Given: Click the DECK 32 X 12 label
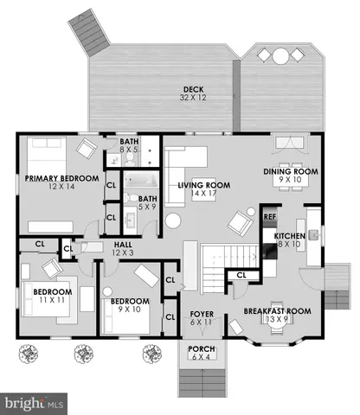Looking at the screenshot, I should [x=191, y=93].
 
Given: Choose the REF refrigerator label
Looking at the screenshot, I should [x=269, y=216].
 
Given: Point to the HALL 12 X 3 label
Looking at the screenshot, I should [x=122, y=248].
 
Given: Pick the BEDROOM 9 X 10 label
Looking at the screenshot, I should [x=128, y=306].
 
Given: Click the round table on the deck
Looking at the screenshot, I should [x=282, y=57].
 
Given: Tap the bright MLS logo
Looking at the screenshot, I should [x=35, y=403].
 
